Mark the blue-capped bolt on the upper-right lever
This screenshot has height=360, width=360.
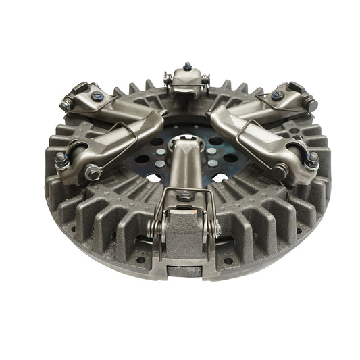[x=278, y=96]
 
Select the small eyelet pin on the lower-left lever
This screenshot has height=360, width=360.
[x=93, y=174]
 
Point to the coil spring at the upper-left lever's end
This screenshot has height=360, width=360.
[x=68, y=104]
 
